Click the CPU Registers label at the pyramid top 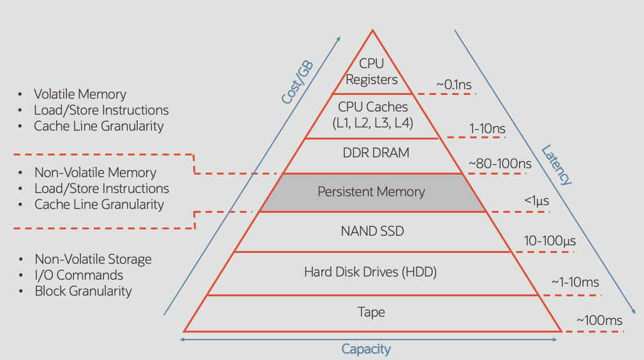pyautogui.click(x=372, y=71)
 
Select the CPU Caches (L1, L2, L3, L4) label pyautogui.click(x=373, y=115)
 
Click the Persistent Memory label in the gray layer pyautogui.click(x=371, y=192)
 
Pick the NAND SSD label pyautogui.click(x=372, y=231)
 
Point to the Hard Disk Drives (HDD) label pyautogui.click(x=370, y=272)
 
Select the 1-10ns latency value pyautogui.click(x=488, y=128)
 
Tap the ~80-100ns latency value pyautogui.click(x=500, y=164)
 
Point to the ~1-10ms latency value pyautogui.click(x=575, y=282)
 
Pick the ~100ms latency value pyautogui.click(x=599, y=320)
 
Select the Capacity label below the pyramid pyautogui.click(x=366, y=349)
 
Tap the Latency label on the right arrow pyautogui.click(x=557, y=165)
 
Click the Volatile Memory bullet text pyautogui.click(x=80, y=94)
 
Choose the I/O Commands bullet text pyautogui.click(x=79, y=275)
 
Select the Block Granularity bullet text pyautogui.click(x=84, y=291)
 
